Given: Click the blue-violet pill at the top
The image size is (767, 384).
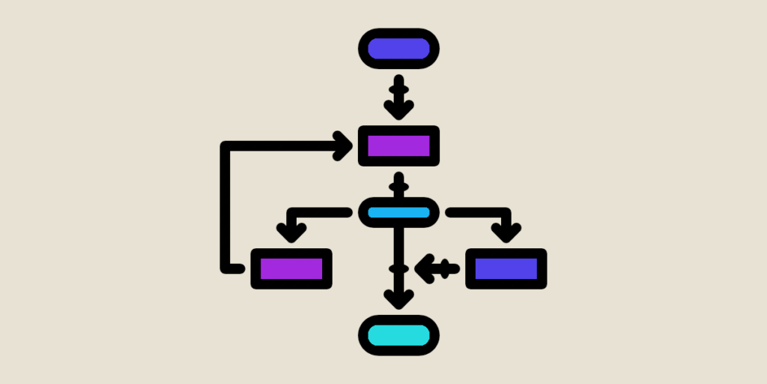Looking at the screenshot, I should [398, 49].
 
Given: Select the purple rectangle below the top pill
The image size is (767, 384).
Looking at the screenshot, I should [398, 145].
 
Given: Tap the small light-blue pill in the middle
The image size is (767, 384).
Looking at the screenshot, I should [398, 212].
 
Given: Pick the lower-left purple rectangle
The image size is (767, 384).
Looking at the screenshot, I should [291, 268].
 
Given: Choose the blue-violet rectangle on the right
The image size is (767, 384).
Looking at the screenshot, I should [506, 268].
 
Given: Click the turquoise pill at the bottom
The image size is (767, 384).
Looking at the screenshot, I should [398, 335].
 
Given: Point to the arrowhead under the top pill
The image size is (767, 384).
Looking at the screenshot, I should [398, 109].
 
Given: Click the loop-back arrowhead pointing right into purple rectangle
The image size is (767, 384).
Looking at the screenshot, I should [344, 145].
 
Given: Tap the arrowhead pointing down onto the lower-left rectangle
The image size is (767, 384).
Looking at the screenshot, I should [291, 232].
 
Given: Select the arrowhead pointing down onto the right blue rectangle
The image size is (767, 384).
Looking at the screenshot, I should [506, 232].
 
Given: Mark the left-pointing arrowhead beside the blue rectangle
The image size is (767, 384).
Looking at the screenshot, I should [425, 268].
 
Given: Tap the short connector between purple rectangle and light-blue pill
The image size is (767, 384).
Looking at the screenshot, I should [398, 184].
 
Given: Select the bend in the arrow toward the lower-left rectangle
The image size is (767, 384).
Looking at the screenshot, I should [291, 213].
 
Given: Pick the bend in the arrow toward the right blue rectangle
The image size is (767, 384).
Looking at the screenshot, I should [506, 213].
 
